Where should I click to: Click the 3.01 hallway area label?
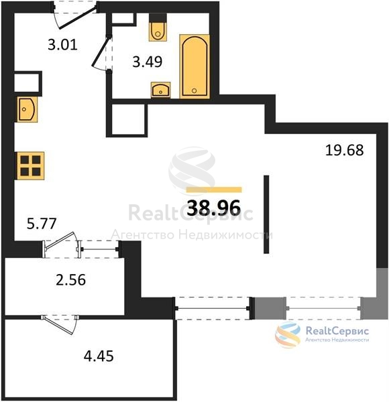pyautogui.click(x=62, y=45)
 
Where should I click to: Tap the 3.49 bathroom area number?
pyautogui.click(x=148, y=62)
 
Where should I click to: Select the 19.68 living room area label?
pyautogui.click(x=344, y=150)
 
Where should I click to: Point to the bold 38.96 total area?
pyautogui.click(x=214, y=208)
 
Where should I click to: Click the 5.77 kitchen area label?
pyautogui.click(x=42, y=223)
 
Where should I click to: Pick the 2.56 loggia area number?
pyautogui.click(x=70, y=279)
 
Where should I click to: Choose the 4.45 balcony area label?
pyautogui.click(x=99, y=356)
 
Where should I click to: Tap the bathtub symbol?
pyautogui.click(x=194, y=66)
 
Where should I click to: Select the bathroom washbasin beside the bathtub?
pyautogui.click(x=160, y=90)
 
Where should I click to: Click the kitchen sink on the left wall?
pyautogui.click(x=27, y=109)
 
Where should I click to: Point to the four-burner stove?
pyautogui.click(x=31, y=165)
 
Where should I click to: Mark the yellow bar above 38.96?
pyautogui.click(x=214, y=190)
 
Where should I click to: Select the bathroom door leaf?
pyautogui.click(x=101, y=52)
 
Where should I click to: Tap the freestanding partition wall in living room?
pyautogui.click(x=266, y=214)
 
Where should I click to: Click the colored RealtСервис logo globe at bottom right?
pyautogui.click(x=288, y=334)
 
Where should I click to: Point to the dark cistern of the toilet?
pyautogui.click(x=158, y=18)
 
